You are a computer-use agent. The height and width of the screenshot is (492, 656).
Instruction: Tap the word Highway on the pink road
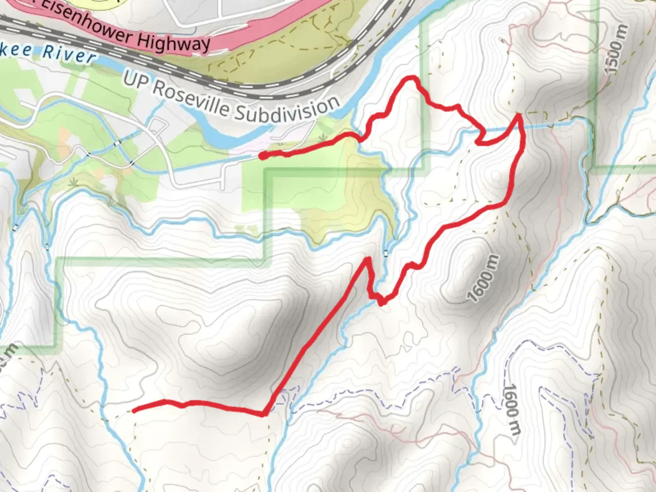pos(174,42)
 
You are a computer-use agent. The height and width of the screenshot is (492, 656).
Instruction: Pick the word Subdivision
pos(287,110)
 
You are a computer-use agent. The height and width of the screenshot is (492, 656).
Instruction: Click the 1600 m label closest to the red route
pos(483,278)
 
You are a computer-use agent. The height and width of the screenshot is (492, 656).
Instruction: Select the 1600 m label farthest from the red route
pos(512,410)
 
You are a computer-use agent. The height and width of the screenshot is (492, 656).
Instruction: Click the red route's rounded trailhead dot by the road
pos(263,156)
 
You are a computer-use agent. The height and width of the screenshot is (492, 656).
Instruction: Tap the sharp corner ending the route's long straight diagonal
pos(264,414)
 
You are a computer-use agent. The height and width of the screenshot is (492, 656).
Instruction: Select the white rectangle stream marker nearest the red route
pos(386,253)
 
